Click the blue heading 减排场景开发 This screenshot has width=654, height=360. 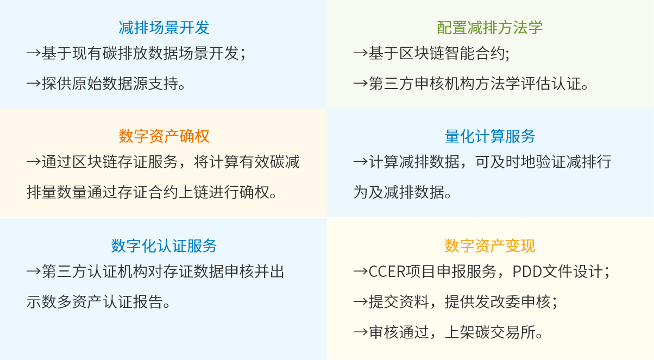pyautogui.click(x=164, y=28)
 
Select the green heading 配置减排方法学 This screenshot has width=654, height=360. pyautogui.click(x=489, y=28)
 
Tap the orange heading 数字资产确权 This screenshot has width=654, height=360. pyautogui.click(x=164, y=136)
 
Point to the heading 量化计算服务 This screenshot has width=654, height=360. pyautogui.click(x=489, y=136)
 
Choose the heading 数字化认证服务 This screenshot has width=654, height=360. pyautogui.click(x=164, y=245)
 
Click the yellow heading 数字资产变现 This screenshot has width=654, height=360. pyautogui.click(x=489, y=245)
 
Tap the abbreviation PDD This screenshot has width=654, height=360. pyautogui.click(x=527, y=271)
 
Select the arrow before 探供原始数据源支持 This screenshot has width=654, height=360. pyautogui.click(x=33, y=84)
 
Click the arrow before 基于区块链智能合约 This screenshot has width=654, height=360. pyautogui.click(x=360, y=53)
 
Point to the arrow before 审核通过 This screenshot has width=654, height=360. pyautogui.click(x=360, y=332)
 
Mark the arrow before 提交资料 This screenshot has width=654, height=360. pyautogui.click(x=360, y=301)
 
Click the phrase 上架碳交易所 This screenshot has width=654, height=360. pyautogui.click(x=493, y=332)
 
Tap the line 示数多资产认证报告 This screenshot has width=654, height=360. pyautogui.click(x=99, y=301)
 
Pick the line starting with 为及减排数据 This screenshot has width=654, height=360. pyautogui.click(x=403, y=192)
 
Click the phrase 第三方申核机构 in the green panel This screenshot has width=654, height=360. pyautogui.click(x=422, y=84)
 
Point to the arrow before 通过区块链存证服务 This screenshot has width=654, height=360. pyautogui.click(x=33, y=162)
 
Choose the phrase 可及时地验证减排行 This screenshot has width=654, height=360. pyautogui.click(x=543, y=162)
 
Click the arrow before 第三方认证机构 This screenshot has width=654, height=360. pyautogui.click(x=33, y=271)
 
